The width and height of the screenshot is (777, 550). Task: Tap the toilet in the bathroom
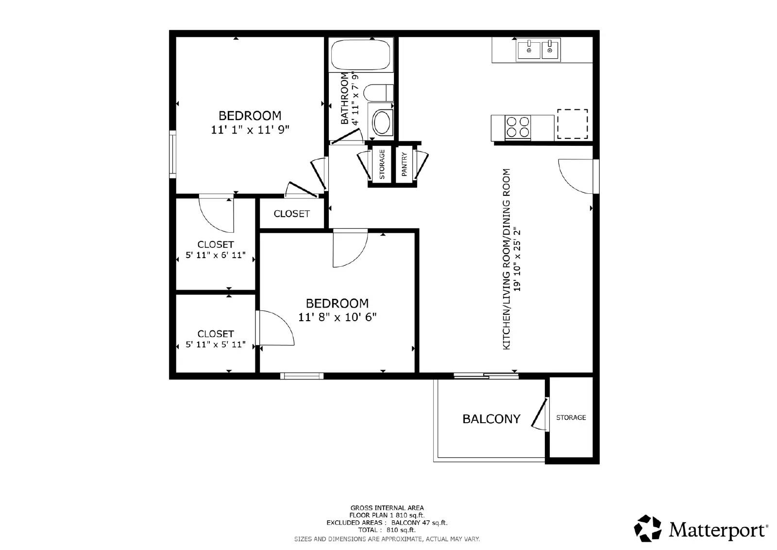[379, 92]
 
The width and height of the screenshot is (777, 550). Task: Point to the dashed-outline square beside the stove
[572, 124]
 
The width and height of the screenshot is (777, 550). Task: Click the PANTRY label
[404, 164]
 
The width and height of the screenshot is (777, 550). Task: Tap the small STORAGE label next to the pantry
[382, 164]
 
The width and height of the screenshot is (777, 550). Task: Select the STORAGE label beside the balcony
[571, 417]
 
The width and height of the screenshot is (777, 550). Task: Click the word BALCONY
[491, 419]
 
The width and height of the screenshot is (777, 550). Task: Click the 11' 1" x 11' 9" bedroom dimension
[250, 130]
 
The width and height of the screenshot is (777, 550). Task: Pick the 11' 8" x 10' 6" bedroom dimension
[337, 317]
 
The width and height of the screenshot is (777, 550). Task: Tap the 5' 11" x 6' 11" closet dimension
[216, 255]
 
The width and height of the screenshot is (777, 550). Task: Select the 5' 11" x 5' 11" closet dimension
[216, 344]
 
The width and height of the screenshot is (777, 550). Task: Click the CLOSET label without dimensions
[291, 214]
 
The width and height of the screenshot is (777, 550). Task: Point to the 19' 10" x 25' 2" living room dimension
[518, 259]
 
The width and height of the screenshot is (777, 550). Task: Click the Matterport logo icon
[648, 528]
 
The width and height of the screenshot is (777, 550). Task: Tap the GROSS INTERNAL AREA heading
[387, 508]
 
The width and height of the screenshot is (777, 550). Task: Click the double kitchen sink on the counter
[538, 50]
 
